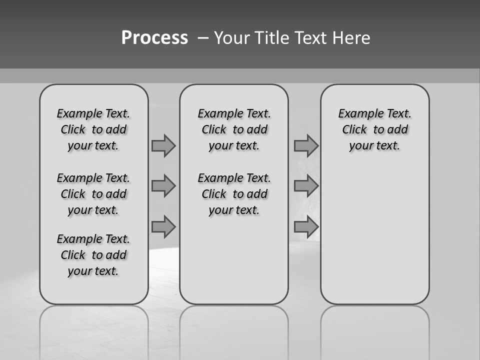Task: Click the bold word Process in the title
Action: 154,37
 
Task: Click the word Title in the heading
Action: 272,37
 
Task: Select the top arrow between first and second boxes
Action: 163,145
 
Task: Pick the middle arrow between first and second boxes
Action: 163,186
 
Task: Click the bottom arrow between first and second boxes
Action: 163,226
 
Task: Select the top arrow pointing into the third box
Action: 306,145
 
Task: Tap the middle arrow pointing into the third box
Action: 306,186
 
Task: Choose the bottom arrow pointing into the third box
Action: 306,226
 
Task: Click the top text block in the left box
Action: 93,129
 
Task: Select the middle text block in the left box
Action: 93,194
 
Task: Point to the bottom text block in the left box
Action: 93,255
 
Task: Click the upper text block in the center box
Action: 234,129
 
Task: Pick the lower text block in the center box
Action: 234,194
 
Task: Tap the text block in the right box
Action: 374,129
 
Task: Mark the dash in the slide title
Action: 203,37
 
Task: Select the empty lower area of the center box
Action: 234,260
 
